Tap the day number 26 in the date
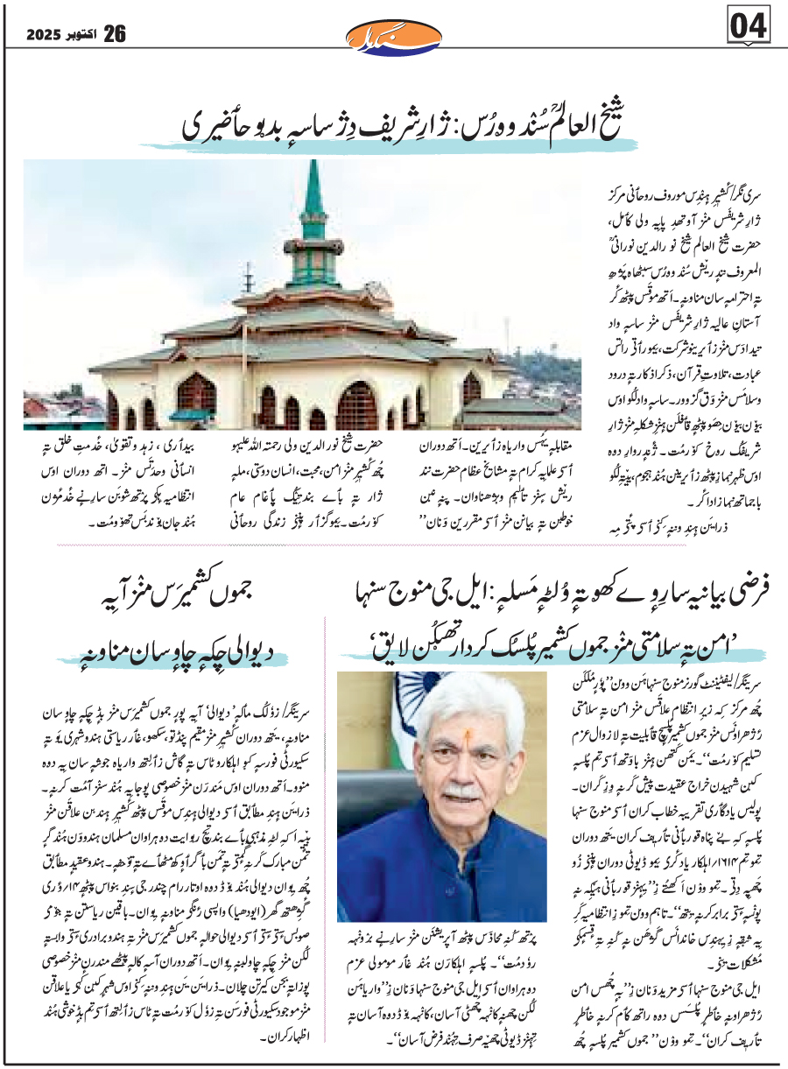[114, 34]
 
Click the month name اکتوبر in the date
[81, 35]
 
